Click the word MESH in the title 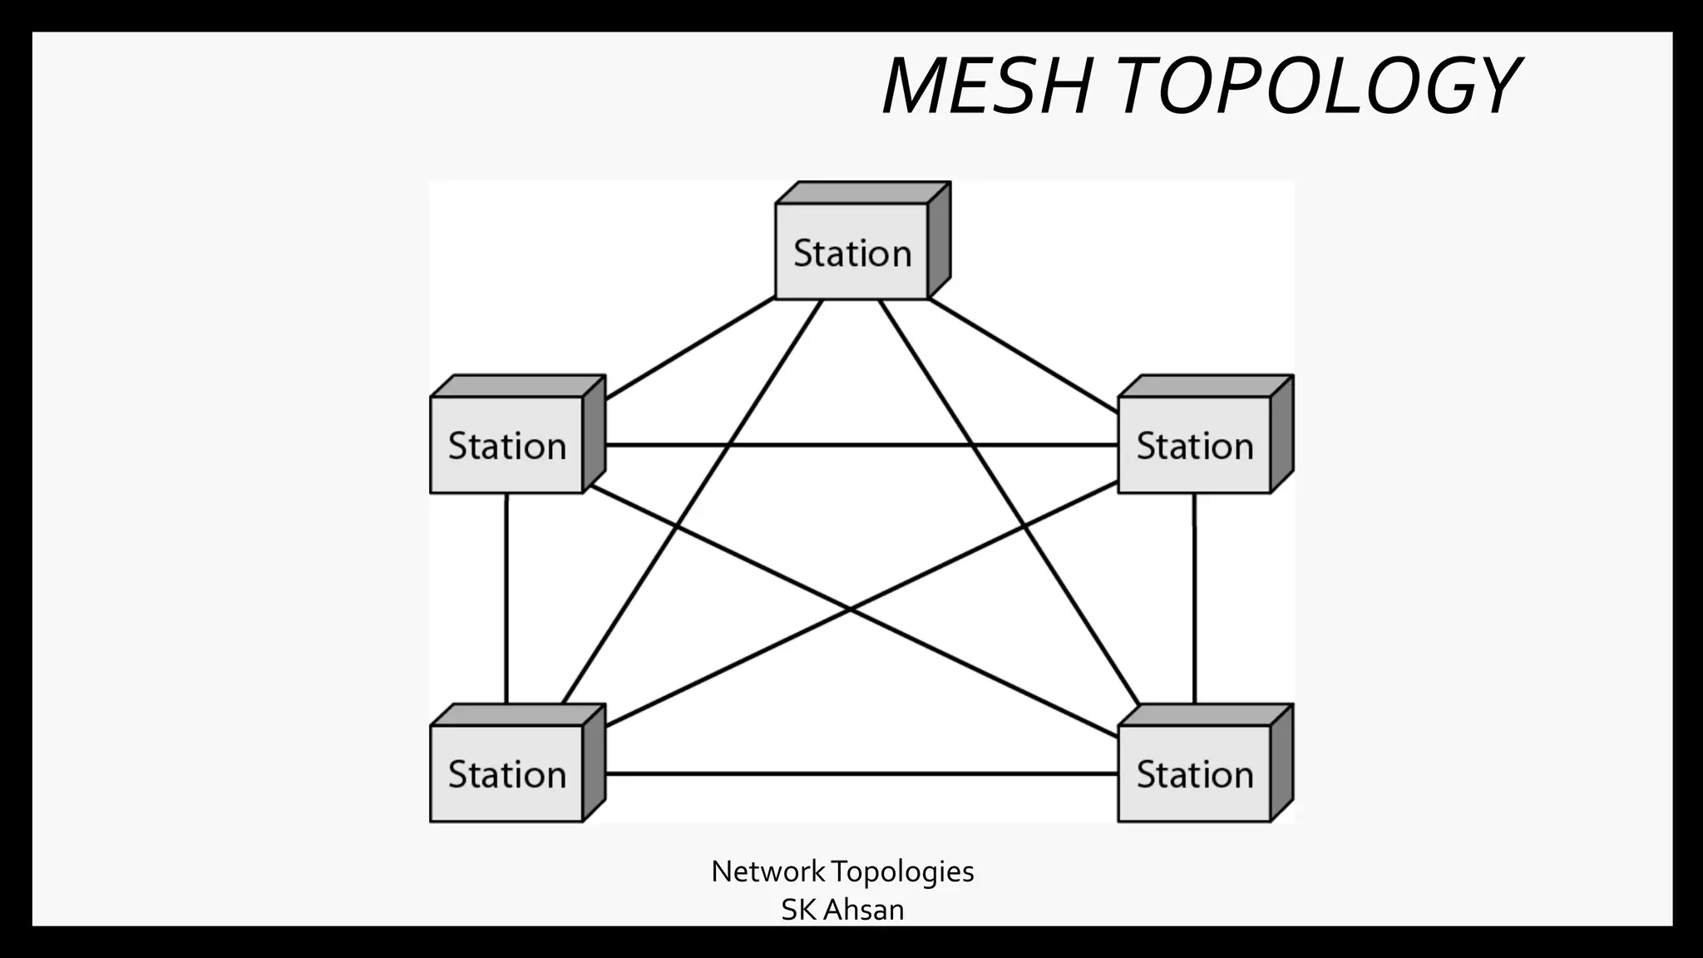[986, 86]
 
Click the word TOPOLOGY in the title [1317, 86]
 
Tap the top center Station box [851, 251]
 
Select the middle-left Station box [506, 445]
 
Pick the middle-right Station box [1194, 445]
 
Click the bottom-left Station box [506, 773]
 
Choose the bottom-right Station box [1194, 773]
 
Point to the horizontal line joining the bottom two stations [861, 773]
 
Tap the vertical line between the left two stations [506, 599]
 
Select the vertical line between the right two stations [1194, 599]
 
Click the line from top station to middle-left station [690, 348]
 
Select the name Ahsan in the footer [864, 910]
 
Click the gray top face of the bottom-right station [1205, 714]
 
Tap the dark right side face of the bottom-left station [594, 763]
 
